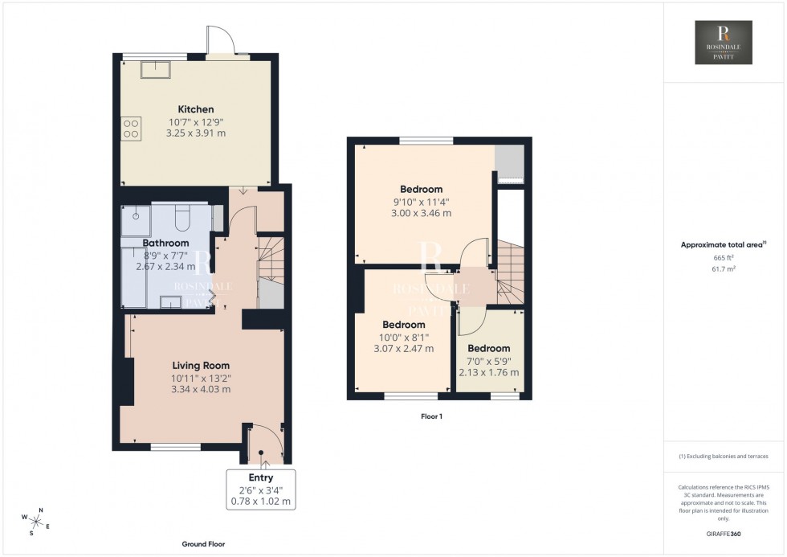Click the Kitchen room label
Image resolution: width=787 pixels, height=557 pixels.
[x=196, y=109]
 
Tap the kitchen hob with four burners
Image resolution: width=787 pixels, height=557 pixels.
[x=130, y=129]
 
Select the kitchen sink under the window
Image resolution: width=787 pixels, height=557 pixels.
[x=155, y=70]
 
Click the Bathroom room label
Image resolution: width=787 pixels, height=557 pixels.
[x=165, y=243]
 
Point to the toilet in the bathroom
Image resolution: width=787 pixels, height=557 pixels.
[x=181, y=217]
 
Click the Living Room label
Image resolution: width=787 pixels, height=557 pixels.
[x=200, y=366]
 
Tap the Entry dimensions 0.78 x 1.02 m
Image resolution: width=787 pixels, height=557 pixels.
[x=261, y=502]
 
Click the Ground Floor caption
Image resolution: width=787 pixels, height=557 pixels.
[x=202, y=544]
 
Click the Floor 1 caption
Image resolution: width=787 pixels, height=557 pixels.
[x=431, y=416]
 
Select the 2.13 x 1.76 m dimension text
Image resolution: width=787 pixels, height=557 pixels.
[x=488, y=372]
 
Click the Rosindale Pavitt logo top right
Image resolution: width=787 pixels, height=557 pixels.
[x=723, y=43]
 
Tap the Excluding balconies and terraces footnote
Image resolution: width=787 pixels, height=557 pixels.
[x=724, y=456]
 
